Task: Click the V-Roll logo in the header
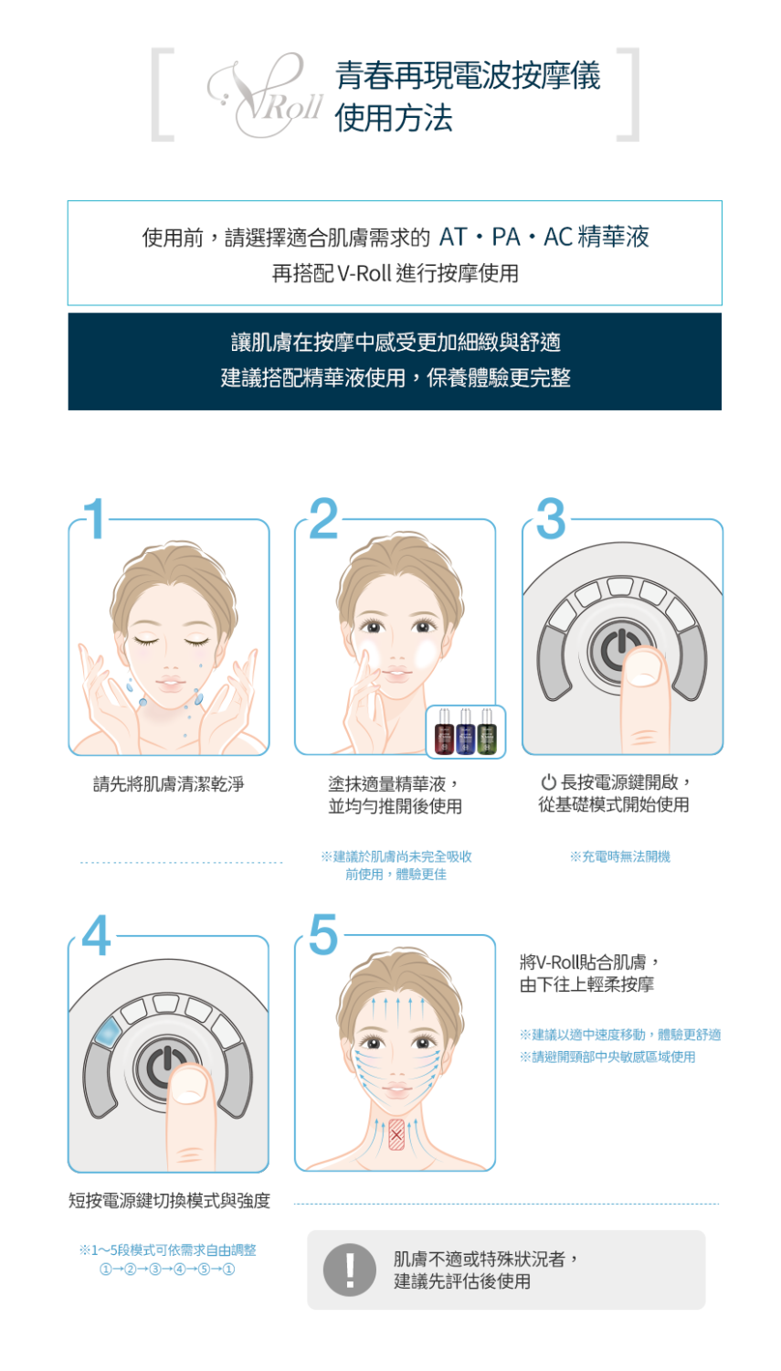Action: (264, 95)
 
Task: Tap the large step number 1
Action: (95, 518)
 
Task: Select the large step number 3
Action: (551, 518)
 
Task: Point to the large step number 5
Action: (323, 934)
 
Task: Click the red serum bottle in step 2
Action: (444, 733)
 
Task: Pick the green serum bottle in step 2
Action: (487, 733)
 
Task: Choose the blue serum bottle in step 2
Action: (466, 733)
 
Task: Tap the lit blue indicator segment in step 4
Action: (109, 1031)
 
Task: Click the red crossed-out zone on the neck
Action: (396, 1134)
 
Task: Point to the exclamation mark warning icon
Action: (349, 1270)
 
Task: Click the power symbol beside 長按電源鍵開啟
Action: (548, 781)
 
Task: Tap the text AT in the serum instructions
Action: (452, 237)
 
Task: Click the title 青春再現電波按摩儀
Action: (468, 75)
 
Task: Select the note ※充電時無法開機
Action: (620, 856)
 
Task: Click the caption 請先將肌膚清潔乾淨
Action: (168, 783)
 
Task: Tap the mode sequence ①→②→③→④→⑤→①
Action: (167, 1269)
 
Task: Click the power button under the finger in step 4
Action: (160, 1068)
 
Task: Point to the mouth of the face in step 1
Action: (170, 683)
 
